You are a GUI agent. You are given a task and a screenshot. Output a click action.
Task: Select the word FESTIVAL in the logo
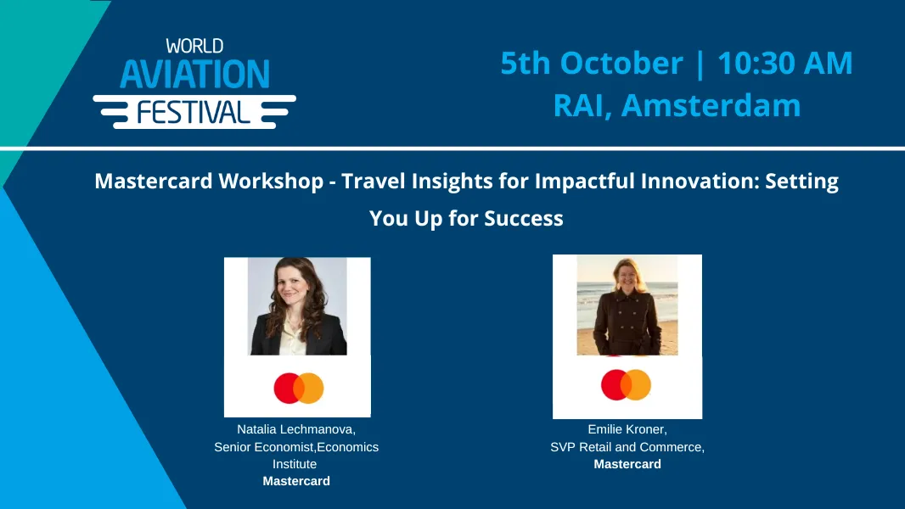pyautogui.click(x=194, y=111)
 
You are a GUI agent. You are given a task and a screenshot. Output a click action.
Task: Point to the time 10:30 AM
pyautogui.click(x=784, y=64)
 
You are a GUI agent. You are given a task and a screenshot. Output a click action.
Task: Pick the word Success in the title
pyautogui.click(x=523, y=218)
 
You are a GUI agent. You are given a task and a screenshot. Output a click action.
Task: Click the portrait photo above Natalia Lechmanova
pyautogui.click(x=297, y=306)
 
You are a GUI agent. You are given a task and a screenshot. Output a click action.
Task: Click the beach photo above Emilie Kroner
pyautogui.click(x=627, y=305)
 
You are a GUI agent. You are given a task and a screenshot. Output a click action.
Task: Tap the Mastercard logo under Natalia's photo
pyautogui.click(x=298, y=389)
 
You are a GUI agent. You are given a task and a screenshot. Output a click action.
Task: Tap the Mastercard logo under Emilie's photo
pyautogui.click(x=626, y=385)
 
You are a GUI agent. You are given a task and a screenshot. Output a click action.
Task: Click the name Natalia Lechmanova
pyautogui.click(x=295, y=430)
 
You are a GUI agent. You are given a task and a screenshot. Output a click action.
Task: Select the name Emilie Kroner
pyautogui.click(x=627, y=430)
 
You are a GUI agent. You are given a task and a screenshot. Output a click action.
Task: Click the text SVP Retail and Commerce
pyautogui.click(x=627, y=447)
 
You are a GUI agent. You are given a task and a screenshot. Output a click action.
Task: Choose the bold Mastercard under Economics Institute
pyautogui.click(x=295, y=481)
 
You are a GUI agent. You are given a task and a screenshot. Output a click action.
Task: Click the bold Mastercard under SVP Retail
pyautogui.click(x=627, y=464)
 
